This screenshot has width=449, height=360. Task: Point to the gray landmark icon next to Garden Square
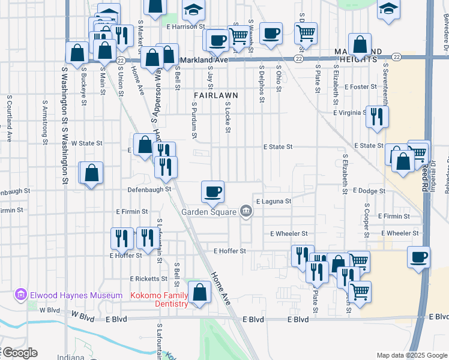click(x=246, y=211)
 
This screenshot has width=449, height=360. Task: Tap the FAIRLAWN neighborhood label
click(x=216, y=95)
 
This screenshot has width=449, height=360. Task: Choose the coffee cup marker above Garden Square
click(x=213, y=192)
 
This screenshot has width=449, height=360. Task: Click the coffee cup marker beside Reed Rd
click(x=418, y=257)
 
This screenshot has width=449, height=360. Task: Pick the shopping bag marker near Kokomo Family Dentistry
click(x=199, y=293)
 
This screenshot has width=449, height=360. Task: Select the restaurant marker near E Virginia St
click(x=377, y=117)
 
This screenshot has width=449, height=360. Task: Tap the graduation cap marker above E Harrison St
click(x=194, y=10)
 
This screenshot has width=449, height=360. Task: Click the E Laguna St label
click(x=273, y=202)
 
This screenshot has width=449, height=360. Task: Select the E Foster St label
click(x=360, y=86)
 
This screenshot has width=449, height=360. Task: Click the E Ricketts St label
click(x=149, y=279)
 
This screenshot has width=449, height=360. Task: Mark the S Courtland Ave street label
click(x=9, y=118)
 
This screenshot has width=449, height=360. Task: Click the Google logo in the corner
click(x=19, y=353)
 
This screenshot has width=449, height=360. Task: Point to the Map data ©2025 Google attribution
click(x=412, y=355)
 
